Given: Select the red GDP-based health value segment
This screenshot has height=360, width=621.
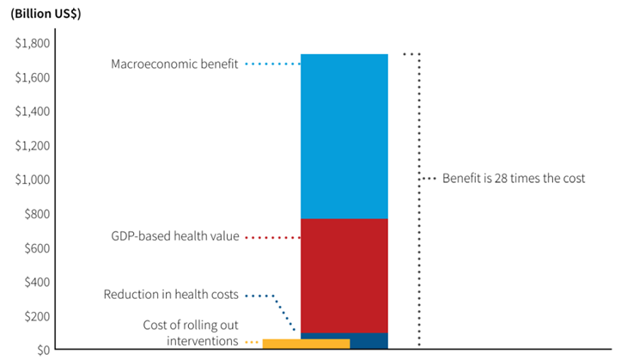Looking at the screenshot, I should (x=344, y=275).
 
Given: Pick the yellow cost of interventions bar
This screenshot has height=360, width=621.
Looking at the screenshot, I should (x=306, y=344).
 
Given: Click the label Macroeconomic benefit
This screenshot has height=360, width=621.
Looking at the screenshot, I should (x=174, y=64).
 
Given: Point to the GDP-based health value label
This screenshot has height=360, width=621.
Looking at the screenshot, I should (x=175, y=236).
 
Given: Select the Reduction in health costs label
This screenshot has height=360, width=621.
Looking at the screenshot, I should (x=172, y=295).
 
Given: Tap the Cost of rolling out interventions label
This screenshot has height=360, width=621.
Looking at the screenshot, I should (x=189, y=333).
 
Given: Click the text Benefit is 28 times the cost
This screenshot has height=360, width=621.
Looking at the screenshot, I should (x=514, y=179).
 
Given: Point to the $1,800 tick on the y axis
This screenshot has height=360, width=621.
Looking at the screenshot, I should (x=33, y=43).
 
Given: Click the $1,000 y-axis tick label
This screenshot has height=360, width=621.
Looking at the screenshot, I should (x=33, y=180).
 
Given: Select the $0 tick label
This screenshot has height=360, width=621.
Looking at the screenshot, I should (x=42, y=350).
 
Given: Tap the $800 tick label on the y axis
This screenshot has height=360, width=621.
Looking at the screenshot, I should (x=37, y=214).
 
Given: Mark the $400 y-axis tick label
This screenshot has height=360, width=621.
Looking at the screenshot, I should (x=37, y=282).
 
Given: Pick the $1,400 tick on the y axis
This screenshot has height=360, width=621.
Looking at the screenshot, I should (x=33, y=112).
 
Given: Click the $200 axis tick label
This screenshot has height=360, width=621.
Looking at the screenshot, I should (x=37, y=316).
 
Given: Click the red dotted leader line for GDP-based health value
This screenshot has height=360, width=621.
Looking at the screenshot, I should (x=271, y=237).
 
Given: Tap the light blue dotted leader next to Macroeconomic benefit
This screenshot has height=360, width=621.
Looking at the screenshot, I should (x=271, y=64).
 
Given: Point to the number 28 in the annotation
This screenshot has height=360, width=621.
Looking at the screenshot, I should (x=503, y=179).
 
